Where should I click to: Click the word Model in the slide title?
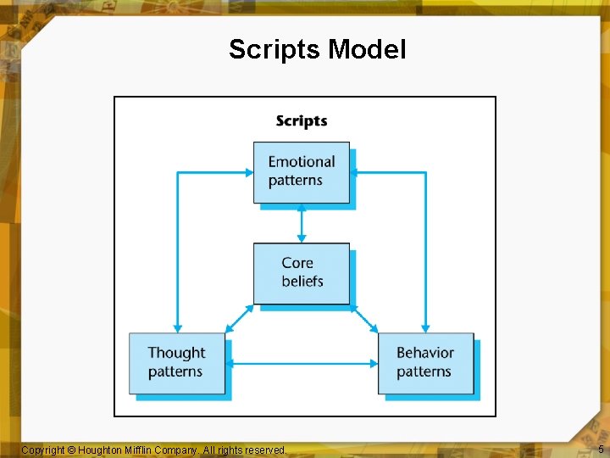pyautogui.click(x=367, y=49)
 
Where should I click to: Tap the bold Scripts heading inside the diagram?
pyautogui.click(x=302, y=121)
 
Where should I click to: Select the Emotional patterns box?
pyautogui.click(x=302, y=172)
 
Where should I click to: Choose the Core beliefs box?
pyautogui.click(x=302, y=273)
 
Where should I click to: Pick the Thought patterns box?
pyautogui.click(x=177, y=363)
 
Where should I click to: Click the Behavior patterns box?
pyautogui.click(x=425, y=363)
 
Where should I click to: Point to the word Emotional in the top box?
pyautogui.click(x=302, y=162)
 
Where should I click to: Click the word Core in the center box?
pyautogui.click(x=297, y=263)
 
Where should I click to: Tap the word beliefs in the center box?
pyautogui.click(x=302, y=282)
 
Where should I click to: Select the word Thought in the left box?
pyautogui.click(x=176, y=353)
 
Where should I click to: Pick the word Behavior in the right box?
pyautogui.click(x=425, y=353)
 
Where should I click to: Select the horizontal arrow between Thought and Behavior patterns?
pyautogui.click(x=302, y=364)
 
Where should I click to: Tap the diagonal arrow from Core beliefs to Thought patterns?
pyautogui.click(x=241, y=318)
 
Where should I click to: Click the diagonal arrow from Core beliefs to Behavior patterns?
pyautogui.click(x=363, y=318)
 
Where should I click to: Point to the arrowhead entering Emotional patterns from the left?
pyautogui.click(x=249, y=172)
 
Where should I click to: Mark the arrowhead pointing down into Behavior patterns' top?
pyautogui.click(x=425, y=327)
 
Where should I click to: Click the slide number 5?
pyautogui.click(x=601, y=450)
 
